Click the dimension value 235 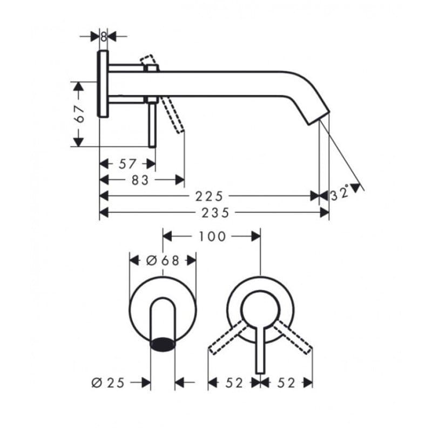click(x=215, y=213)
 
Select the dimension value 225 click(x=209, y=197)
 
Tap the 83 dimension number click(x=140, y=180)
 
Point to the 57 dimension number click(x=127, y=164)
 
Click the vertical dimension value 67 click(x=79, y=114)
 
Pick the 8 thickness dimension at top click(x=103, y=37)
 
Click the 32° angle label click(x=340, y=194)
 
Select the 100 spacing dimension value click(x=212, y=237)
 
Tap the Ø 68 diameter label click(x=163, y=260)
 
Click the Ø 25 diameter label click(x=108, y=383)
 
